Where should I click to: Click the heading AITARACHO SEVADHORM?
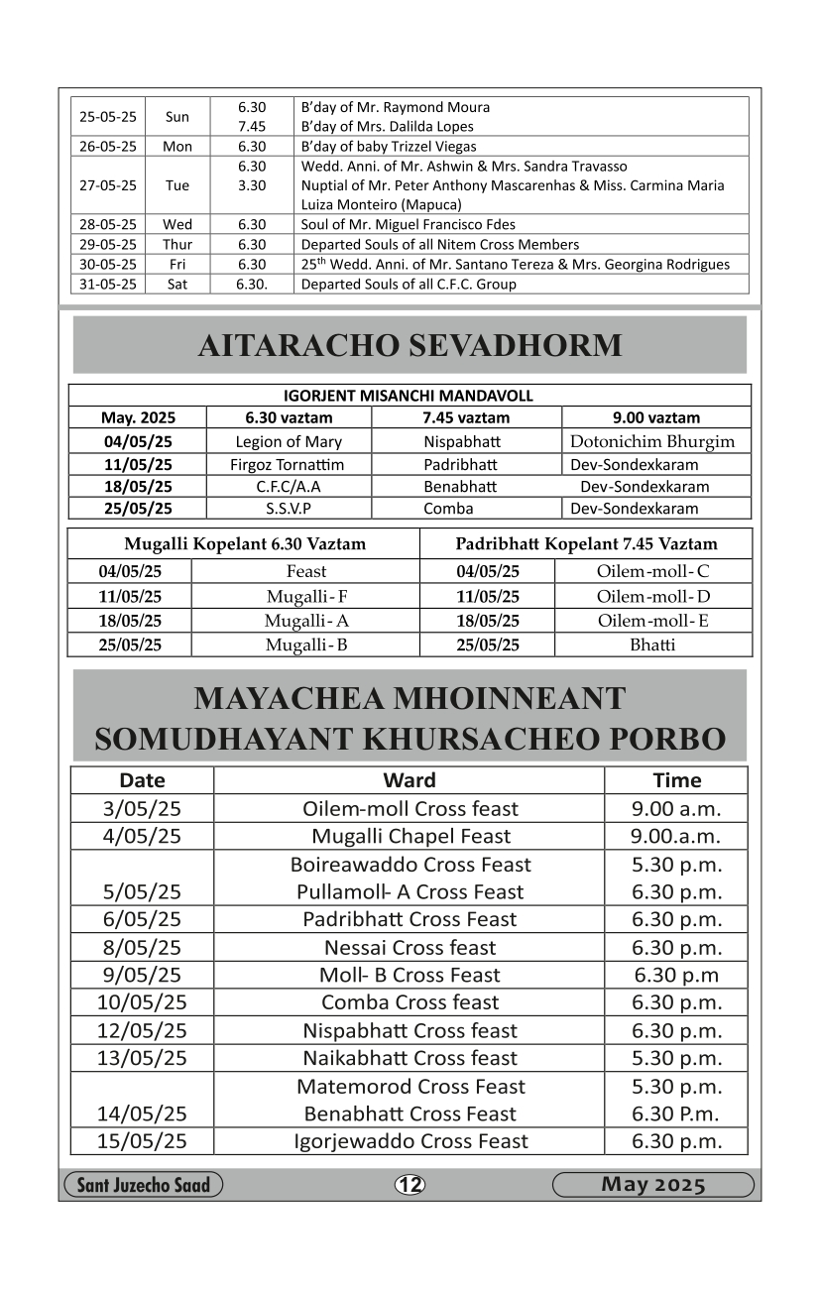pos(410,345)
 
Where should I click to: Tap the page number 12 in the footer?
pos(410,1185)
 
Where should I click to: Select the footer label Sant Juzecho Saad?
pos(144,1185)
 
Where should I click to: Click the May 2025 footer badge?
pos(652,1185)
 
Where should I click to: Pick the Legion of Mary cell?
pos(289,442)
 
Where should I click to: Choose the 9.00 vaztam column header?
pos(655,417)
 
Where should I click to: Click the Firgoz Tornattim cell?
pos(289,465)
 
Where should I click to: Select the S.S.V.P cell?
pos(289,509)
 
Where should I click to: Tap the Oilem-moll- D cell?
pos(652,597)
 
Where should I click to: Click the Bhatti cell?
pos(652,644)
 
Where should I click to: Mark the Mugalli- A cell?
pos(305,622)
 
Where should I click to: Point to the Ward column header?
pos(409,780)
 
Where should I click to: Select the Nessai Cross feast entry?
pos(410,947)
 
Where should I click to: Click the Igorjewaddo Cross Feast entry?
pos(410,1141)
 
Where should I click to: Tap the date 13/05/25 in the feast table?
pos(142,1058)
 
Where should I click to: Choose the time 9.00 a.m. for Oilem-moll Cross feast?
pos(676,809)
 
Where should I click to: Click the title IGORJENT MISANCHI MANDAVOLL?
pos(409,396)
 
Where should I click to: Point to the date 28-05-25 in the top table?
pos(108,224)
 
